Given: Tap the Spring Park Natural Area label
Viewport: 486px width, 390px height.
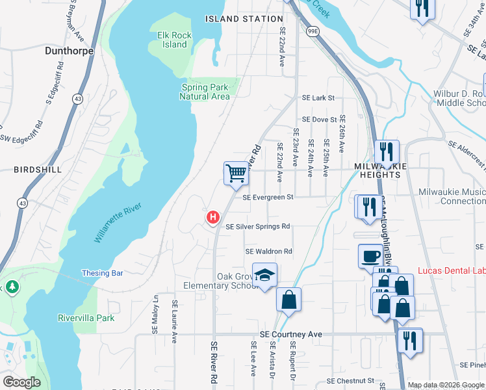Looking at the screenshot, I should [205, 92].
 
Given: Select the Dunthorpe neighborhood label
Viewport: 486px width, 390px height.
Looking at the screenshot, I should [70, 50].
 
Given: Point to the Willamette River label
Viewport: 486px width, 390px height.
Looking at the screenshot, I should [118, 223].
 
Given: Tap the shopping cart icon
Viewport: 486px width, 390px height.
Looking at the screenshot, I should [237, 173].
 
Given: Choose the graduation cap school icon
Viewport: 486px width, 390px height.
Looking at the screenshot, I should [264, 275].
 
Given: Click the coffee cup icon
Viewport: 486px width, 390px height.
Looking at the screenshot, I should [370, 255].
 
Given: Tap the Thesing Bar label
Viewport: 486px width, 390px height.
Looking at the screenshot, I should [102, 273].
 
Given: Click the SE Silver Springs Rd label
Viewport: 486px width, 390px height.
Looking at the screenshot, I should [257, 227].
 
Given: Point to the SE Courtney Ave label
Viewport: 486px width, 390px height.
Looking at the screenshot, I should [290, 334].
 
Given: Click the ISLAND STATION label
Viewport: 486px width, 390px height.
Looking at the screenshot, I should [244, 19].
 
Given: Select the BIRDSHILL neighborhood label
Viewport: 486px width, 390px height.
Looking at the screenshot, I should [38, 169].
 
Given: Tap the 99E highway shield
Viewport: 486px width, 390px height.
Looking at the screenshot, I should [313, 31].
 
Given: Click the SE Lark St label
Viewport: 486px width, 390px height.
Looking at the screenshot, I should [318, 98].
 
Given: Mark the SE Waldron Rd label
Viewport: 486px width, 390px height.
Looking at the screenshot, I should [269, 252].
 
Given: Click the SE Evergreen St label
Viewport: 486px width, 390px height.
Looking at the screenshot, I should [268, 197].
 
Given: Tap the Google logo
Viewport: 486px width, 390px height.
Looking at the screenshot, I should [21, 382].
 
